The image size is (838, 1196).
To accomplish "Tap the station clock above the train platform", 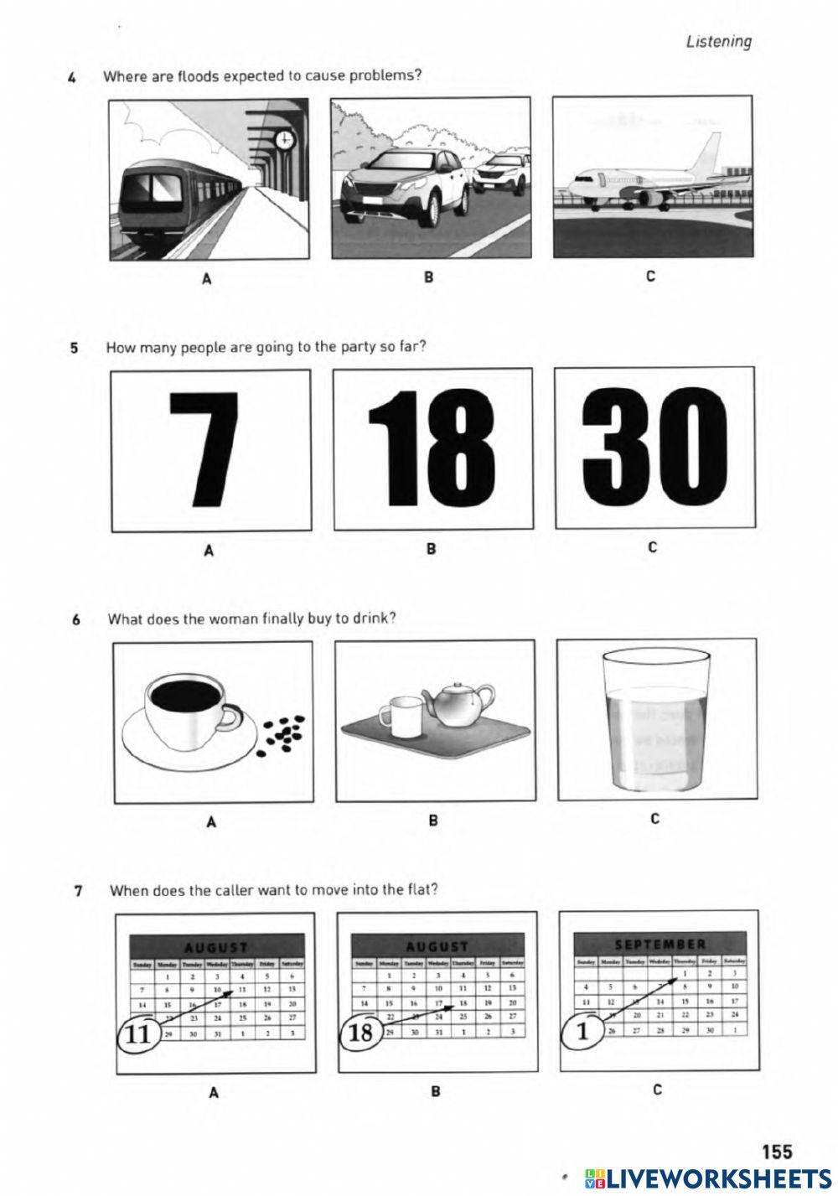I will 285,139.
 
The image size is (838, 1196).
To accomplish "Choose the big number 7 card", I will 210,449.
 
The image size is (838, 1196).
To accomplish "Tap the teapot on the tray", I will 457,705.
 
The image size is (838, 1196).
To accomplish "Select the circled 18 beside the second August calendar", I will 360,1032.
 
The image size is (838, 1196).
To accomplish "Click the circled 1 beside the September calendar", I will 582,1029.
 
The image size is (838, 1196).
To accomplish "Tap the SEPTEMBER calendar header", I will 660,944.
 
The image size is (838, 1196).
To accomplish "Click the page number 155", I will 776,1152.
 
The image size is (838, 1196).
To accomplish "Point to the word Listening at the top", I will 718,41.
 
